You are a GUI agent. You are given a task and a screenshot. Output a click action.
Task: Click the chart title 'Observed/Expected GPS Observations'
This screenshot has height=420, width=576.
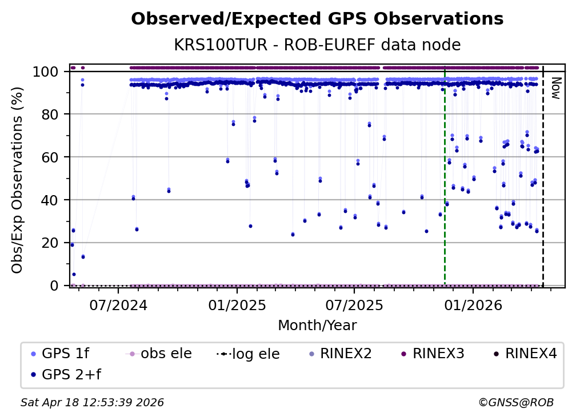[x=317, y=19]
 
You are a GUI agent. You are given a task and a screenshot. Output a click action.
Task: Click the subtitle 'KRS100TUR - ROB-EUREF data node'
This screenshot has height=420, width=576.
[x=317, y=45]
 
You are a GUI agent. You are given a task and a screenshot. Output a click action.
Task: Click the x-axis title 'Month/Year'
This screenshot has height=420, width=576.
[x=317, y=326]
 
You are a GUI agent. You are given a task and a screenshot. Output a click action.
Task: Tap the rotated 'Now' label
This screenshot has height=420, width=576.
[x=553, y=89]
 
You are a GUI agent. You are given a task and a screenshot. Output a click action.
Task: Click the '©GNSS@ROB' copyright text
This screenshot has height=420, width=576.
[x=515, y=403]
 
